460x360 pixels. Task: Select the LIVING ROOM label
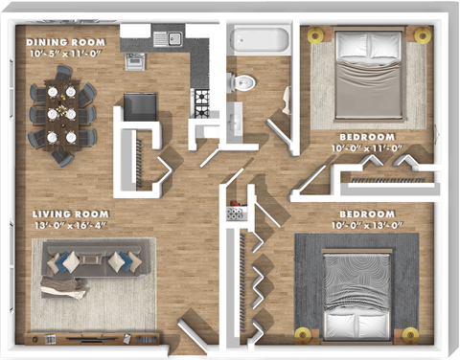(70, 214)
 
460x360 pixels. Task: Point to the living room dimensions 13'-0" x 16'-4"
(70, 225)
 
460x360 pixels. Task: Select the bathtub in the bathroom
(258, 41)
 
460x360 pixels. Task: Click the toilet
(245, 82)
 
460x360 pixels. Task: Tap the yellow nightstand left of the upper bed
(317, 34)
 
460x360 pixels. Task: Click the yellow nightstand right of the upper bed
(422, 34)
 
